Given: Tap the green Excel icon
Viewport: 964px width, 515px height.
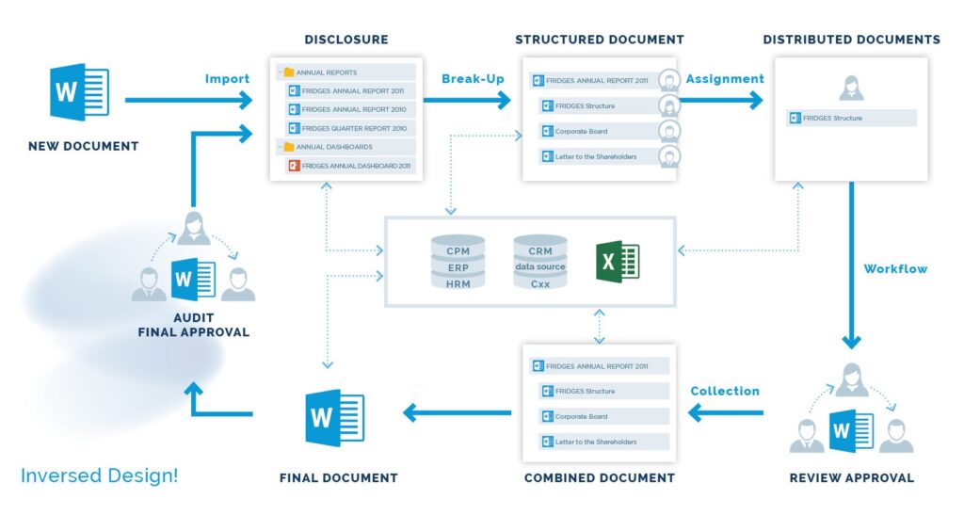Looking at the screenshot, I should pyautogui.click(x=618, y=260).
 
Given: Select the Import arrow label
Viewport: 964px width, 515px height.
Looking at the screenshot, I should pyautogui.click(x=227, y=78).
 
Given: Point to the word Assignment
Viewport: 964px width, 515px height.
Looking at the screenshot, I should pyautogui.click(x=724, y=78).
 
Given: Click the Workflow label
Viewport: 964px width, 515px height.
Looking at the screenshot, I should pyautogui.click(x=895, y=268).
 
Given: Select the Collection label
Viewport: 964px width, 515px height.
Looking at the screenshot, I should pyautogui.click(x=724, y=391).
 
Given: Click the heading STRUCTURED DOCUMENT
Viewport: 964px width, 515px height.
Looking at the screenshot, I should pyautogui.click(x=600, y=40).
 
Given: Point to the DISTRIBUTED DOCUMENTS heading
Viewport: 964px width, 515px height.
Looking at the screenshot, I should pyautogui.click(x=851, y=40).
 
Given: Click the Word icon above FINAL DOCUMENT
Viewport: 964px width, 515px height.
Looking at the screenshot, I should pyautogui.click(x=335, y=417).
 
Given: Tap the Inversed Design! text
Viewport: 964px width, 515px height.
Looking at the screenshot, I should pyautogui.click(x=99, y=475).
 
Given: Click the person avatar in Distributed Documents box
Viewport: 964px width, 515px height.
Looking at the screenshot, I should pyautogui.click(x=850, y=88).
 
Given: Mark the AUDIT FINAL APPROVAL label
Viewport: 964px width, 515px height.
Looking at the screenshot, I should pyautogui.click(x=193, y=325).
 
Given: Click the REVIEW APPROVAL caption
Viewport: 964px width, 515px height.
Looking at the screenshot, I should pyautogui.click(x=851, y=477).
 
